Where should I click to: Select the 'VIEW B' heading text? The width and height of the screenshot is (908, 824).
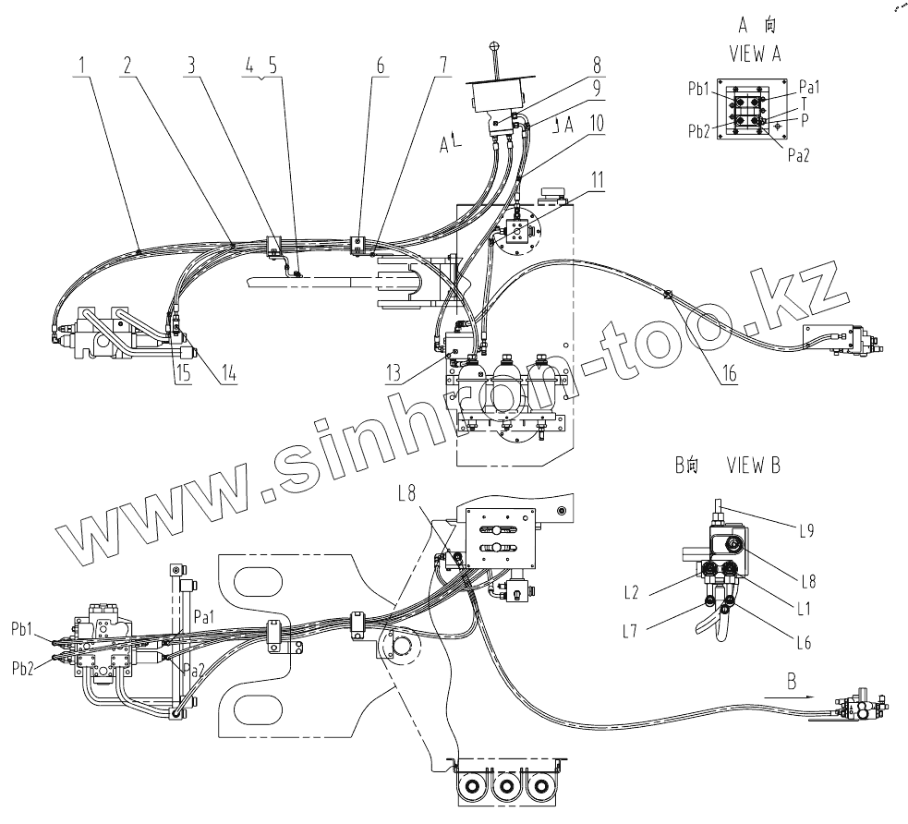[x=753, y=466]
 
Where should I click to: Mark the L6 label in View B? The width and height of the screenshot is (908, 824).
[x=802, y=642]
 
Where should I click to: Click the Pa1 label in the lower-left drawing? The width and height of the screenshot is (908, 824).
[x=205, y=616]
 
